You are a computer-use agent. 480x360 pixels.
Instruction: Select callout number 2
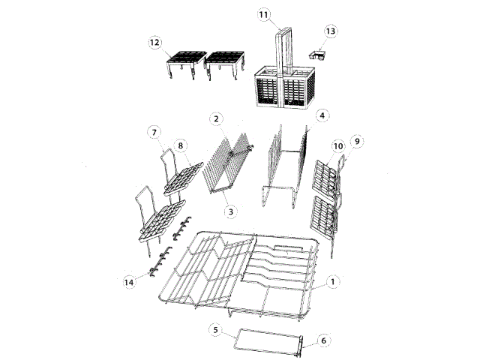pyautogui.click(x=215, y=118)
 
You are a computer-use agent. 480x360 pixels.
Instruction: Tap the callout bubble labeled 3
pyautogui.click(x=231, y=212)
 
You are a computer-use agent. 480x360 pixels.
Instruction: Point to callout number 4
pyautogui.click(x=321, y=115)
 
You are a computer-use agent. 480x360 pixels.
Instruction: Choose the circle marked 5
pyautogui.click(x=214, y=329)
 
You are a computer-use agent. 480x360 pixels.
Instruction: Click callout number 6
pyautogui.click(x=324, y=340)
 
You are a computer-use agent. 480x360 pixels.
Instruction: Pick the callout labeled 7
pyautogui.click(x=154, y=133)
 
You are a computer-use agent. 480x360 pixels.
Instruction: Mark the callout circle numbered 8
pyautogui.click(x=181, y=144)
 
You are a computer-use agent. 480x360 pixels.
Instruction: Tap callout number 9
pyautogui.click(x=357, y=140)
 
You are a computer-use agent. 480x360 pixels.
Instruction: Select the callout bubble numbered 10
pyautogui.click(x=337, y=145)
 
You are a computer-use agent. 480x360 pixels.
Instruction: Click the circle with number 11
pyautogui.click(x=263, y=14)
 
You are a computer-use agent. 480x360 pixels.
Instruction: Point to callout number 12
pyautogui.click(x=155, y=43)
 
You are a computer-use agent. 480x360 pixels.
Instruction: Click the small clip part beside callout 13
pyautogui.click(x=317, y=55)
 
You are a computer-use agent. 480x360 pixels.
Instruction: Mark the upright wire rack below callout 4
pyautogui.click(x=285, y=169)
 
